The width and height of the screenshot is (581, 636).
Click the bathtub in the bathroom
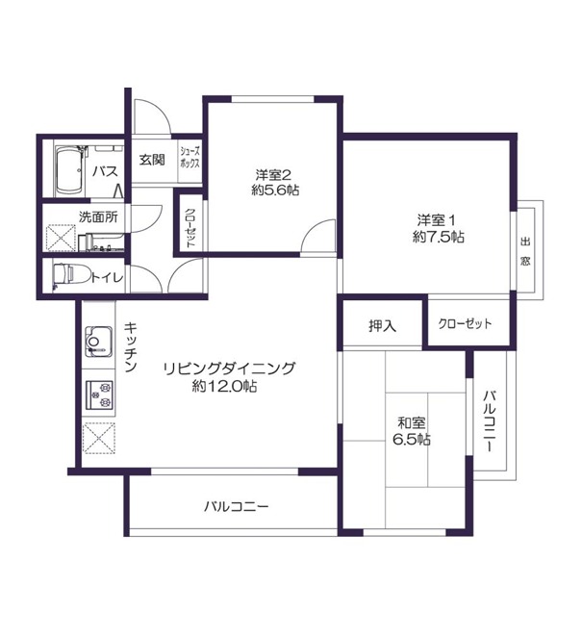tap(69, 170)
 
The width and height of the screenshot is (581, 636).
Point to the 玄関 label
tap(152, 160)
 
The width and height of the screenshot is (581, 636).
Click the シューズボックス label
tap(189, 158)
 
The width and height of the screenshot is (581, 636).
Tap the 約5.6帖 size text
tap(275, 190)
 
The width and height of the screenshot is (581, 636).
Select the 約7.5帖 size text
tap(439, 237)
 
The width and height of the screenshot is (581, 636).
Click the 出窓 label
tap(525, 251)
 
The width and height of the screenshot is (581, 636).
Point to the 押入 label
tap(382, 326)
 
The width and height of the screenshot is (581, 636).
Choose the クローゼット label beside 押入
tap(465, 323)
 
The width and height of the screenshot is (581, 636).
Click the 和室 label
tap(412, 423)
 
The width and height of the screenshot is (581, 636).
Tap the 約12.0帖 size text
tap(225, 386)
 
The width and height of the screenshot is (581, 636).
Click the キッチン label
tap(130, 347)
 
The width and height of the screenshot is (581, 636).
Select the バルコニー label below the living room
tap(237, 507)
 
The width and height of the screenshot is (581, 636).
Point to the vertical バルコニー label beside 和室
tap(490, 421)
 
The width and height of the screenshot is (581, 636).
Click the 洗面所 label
tap(98, 217)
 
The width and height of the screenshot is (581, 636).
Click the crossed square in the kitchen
tap(99, 438)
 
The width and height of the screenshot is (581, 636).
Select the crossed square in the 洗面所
tap(62, 238)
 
